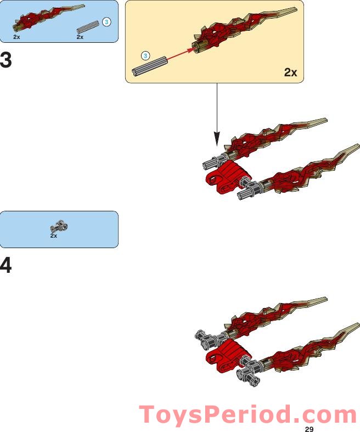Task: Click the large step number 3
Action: coord(6,60)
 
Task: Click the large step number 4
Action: coord(6,266)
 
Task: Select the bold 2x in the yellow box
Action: coord(290,72)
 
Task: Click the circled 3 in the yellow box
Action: coord(145,55)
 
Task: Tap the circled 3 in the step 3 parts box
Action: coord(107,22)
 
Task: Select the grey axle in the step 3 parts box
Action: coord(88,26)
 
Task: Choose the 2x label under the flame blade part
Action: coord(18,37)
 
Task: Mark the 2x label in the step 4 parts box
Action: coord(54,235)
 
